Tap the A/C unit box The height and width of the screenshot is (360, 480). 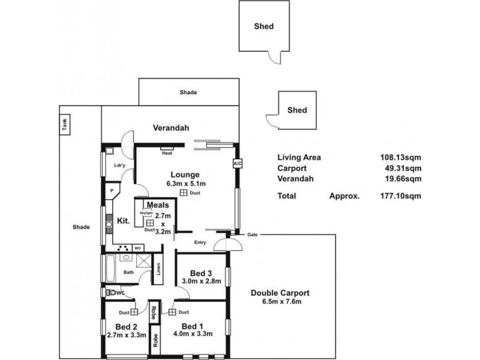tap(236, 163)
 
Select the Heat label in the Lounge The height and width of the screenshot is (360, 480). tap(167, 152)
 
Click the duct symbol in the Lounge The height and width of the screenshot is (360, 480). tap(182, 193)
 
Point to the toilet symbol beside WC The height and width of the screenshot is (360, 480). tap(110, 293)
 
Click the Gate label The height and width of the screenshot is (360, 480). tap(253, 235)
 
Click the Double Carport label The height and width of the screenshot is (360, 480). tap(281, 293)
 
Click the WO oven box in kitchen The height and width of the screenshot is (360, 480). tap(137, 247)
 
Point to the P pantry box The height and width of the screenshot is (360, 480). tap(112, 191)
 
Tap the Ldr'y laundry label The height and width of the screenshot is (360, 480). tap(119, 166)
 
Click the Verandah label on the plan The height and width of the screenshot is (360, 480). tap(171, 128)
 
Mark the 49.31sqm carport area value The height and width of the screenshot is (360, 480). tap(404, 169)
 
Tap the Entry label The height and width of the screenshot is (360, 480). tap(200, 242)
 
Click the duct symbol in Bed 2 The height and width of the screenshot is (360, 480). tap(134, 312)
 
